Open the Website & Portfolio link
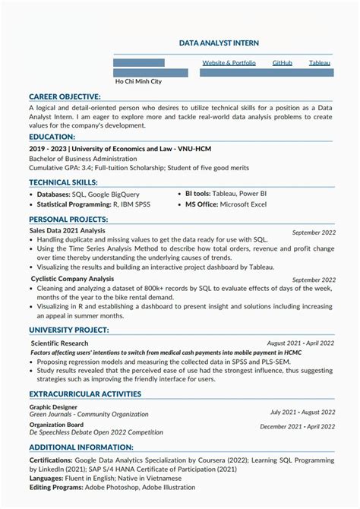click(229, 62)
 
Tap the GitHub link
click(282, 62)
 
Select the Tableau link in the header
click(320, 62)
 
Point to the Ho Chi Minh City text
click(138, 81)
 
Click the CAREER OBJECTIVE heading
click(65, 96)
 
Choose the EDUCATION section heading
click(52, 136)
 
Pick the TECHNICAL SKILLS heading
click(63, 182)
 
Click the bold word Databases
click(54, 194)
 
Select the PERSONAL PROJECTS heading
click(68, 219)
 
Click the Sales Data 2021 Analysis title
click(67, 230)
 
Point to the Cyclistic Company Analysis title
click(71, 279)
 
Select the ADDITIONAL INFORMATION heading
click(81, 447)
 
